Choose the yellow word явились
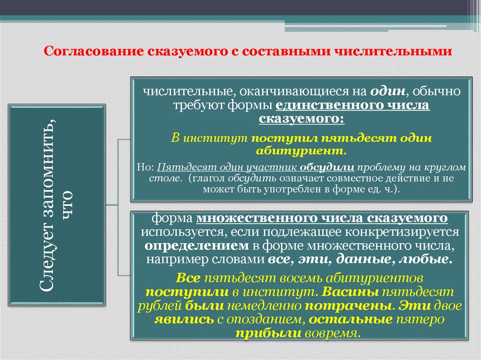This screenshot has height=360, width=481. pyautogui.click(x=178, y=320)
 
